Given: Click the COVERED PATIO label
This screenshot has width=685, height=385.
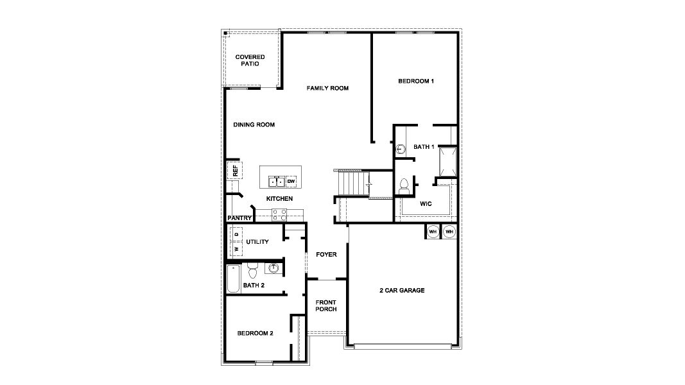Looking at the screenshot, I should coord(250,60).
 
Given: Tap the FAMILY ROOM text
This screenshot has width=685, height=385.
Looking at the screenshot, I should coord(327,88).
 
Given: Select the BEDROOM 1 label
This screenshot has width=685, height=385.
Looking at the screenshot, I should coord(416,81).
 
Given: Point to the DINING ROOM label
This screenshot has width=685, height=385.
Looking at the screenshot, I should coord(254,124).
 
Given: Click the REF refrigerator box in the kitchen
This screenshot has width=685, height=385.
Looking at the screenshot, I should coord(235,170).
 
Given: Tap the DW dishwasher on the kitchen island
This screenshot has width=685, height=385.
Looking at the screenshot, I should coord(291,181).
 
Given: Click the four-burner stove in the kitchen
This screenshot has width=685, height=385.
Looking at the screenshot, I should coord(279,215).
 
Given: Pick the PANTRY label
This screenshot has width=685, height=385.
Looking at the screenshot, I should coord(239,218).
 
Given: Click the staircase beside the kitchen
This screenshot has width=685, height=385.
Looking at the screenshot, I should coord(351,185).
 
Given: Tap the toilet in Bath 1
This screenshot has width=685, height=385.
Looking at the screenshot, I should coord(404,186).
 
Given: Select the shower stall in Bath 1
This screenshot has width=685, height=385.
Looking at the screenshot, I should coord(447,160).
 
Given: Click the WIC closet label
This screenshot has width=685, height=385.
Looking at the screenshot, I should coord(426,203).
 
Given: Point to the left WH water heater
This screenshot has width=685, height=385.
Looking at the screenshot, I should coord(433,232).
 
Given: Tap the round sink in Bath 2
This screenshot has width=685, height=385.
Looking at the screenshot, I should coord(273,267).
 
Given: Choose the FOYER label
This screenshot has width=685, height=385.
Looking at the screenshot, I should coord(326,255).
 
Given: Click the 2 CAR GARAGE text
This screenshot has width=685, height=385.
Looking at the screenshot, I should coord(402,291).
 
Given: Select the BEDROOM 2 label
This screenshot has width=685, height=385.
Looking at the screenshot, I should coord(255,333).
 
